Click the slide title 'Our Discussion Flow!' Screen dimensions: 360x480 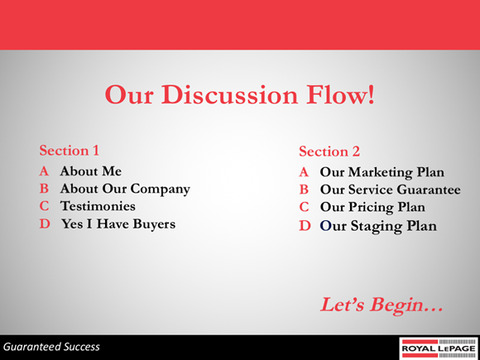point(239,95)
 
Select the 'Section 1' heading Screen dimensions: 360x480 point(70,151)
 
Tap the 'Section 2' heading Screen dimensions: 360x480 point(329,151)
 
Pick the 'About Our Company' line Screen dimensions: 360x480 point(124,189)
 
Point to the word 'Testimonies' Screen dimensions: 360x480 point(97,206)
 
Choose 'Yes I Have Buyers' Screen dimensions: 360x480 point(118,223)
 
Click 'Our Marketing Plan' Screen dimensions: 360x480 point(382,172)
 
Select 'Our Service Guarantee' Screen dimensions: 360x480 point(390,190)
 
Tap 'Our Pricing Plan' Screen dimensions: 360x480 point(372,207)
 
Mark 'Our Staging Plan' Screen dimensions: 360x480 point(377,225)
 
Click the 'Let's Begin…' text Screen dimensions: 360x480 point(382,304)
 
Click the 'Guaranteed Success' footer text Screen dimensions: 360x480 point(50,347)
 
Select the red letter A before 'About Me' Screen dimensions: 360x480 point(45,171)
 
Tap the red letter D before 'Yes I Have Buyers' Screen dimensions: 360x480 point(45,223)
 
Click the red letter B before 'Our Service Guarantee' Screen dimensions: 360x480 point(304,190)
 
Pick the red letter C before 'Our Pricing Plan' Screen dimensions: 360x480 point(304,207)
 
